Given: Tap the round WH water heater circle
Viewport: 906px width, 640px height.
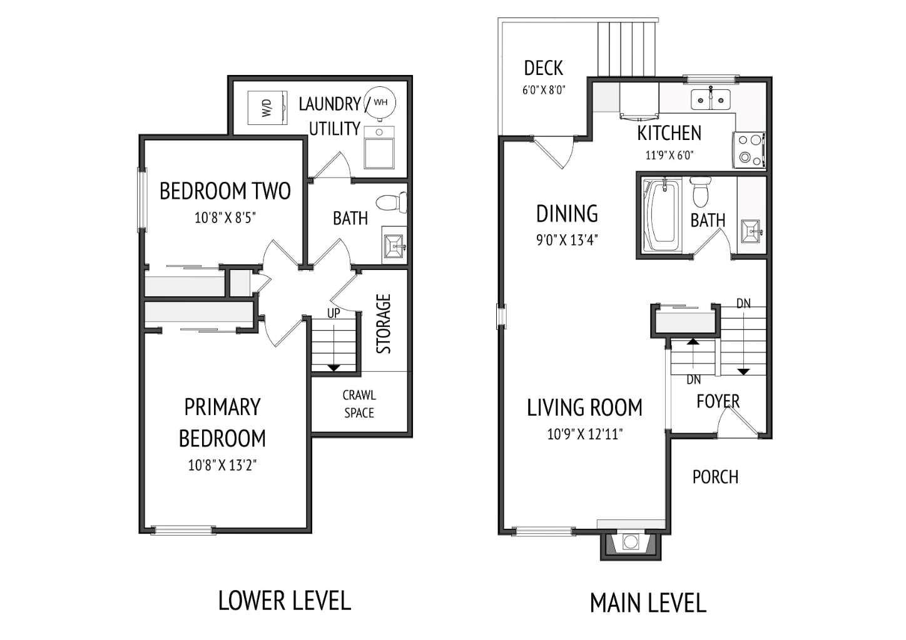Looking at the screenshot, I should click(380, 102).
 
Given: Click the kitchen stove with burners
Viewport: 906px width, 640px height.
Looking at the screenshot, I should click(749, 150).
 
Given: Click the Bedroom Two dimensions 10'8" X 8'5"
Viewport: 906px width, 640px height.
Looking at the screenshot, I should click(225, 217).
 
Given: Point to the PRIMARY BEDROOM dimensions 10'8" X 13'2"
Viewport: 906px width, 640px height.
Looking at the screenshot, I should click(222, 465).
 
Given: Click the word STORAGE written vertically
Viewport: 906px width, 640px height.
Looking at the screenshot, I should click(384, 324).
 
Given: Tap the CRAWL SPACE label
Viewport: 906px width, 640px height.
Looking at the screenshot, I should click(359, 404).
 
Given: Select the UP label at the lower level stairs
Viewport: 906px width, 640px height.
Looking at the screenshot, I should click(334, 313).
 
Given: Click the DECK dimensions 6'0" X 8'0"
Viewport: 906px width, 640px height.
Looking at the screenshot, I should click(544, 89).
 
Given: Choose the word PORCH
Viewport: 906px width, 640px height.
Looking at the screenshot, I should click(715, 477).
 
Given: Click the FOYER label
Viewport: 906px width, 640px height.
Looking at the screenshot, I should click(718, 401).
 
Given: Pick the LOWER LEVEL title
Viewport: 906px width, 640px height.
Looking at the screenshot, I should click(284, 600).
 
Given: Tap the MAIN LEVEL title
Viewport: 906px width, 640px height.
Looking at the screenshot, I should click(648, 602).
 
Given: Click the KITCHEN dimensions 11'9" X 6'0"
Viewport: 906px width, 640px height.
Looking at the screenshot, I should click(669, 155).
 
